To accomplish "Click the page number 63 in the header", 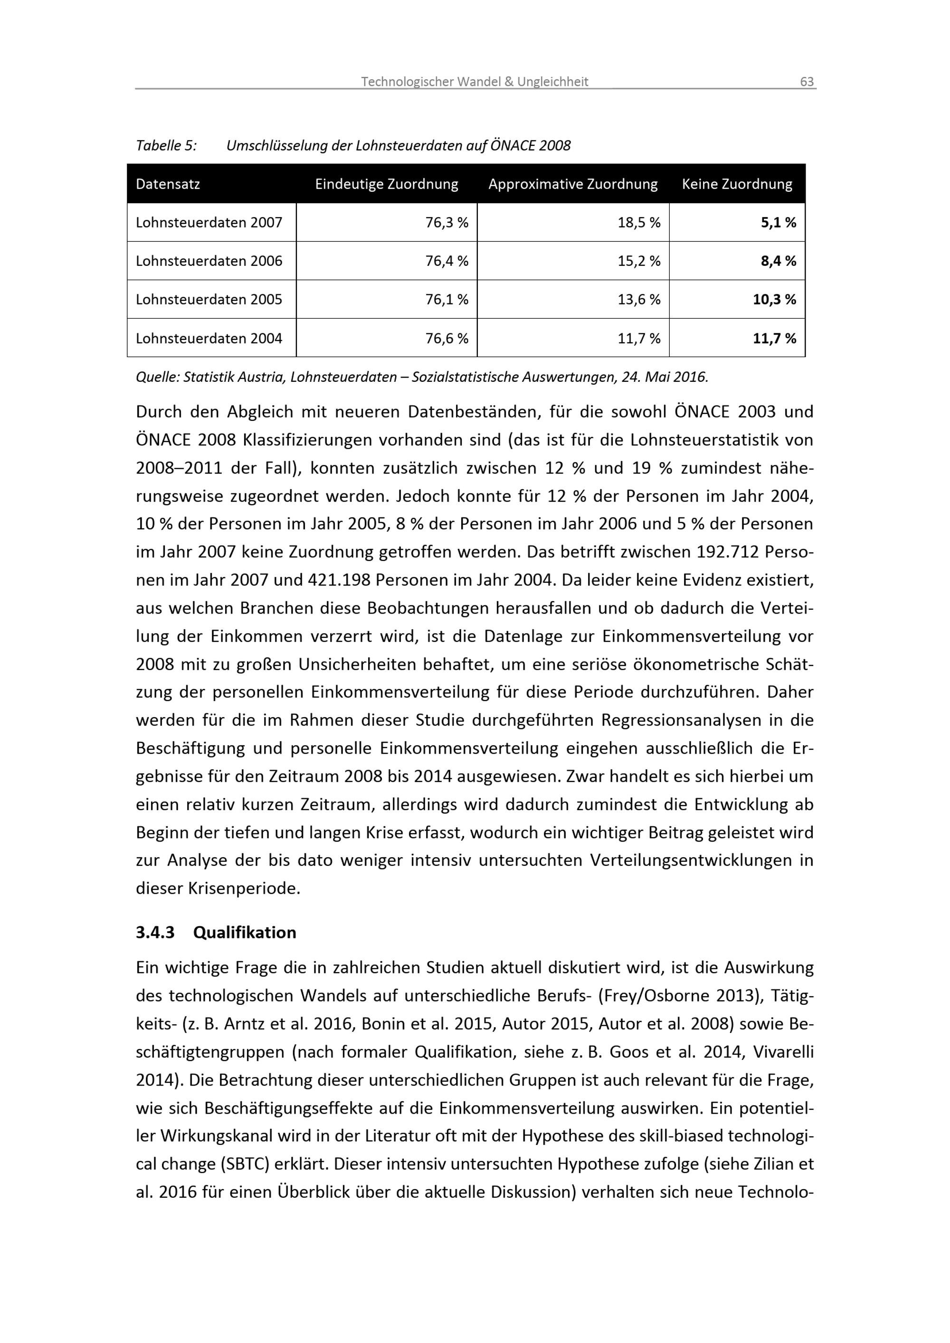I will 806,82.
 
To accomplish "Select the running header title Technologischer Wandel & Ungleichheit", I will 474,82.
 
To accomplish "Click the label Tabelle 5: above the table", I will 166,146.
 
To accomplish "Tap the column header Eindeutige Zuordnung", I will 386,184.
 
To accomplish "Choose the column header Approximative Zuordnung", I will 573,184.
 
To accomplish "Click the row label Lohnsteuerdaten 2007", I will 209,223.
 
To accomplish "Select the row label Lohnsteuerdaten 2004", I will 209,339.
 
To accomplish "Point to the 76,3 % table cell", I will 446,223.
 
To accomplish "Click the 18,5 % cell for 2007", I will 639,223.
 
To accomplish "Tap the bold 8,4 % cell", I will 778,262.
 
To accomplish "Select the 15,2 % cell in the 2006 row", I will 639,262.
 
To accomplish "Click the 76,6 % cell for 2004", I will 446,339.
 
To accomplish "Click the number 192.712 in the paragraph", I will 727,552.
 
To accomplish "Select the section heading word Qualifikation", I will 245,932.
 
